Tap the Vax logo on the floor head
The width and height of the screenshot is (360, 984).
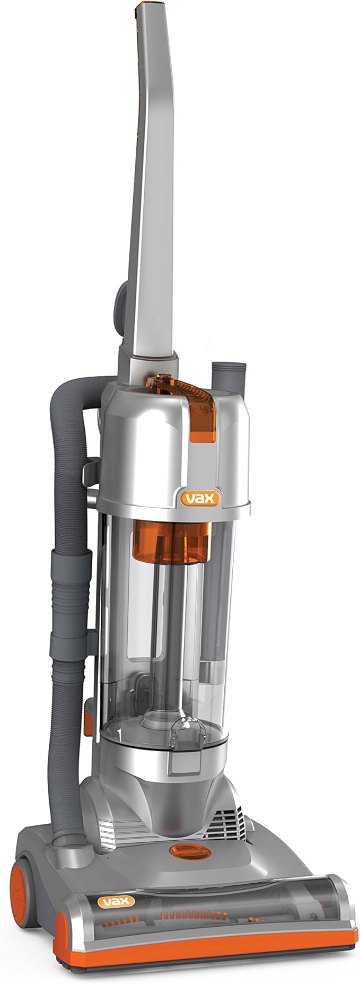(x=115, y=900)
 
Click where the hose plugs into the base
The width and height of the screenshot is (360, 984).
(x=69, y=838)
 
